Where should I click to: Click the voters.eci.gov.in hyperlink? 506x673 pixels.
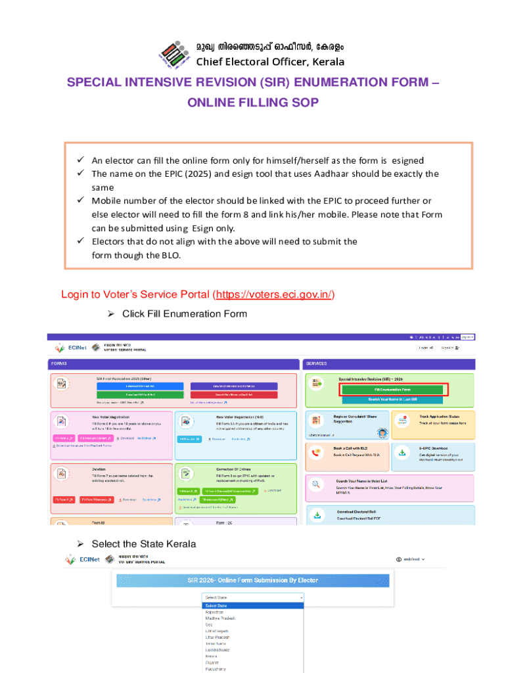click(x=274, y=294)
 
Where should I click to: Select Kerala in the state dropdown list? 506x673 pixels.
click(x=211, y=655)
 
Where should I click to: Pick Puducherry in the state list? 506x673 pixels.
click(x=217, y=669)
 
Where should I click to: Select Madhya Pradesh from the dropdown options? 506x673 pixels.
click(x=219, y=618)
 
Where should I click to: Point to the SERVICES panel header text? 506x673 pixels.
click(x=316, y=363)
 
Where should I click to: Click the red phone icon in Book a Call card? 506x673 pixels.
click(x=317, y=453)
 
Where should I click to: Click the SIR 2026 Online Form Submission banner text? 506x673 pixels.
click(x=252, y=580)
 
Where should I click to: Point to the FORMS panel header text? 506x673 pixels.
click(x=58, y=363)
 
